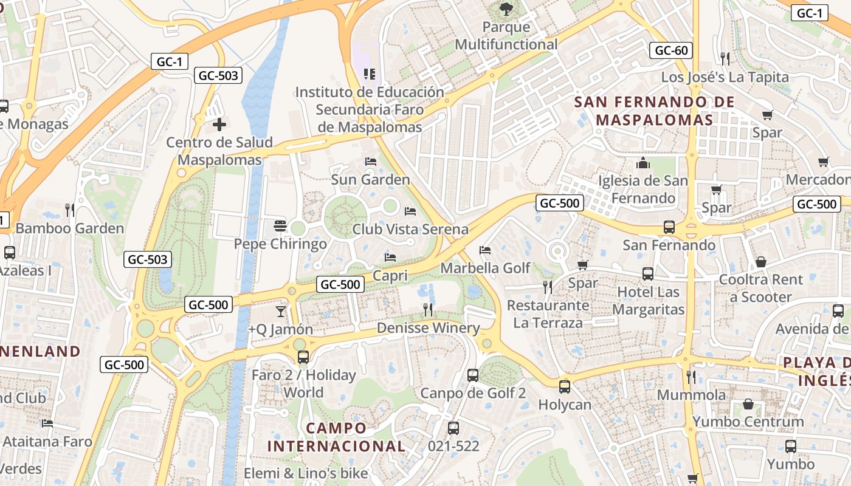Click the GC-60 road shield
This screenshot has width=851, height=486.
[672, 50]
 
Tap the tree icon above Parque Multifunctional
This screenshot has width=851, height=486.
[506, 9]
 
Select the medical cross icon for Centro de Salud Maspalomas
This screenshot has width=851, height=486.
[219, 125]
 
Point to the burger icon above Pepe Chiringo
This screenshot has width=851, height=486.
[280, 226]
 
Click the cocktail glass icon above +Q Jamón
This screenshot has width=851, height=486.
[280, 312]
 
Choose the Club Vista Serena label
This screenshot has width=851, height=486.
[410, 229]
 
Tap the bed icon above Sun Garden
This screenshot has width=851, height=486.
[370, 162]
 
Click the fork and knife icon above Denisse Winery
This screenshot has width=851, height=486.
[428, 310]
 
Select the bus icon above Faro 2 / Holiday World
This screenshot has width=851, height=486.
[303, 357]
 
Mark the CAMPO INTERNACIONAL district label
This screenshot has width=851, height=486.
[336, 437]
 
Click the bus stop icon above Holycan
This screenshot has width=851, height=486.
[565, 386]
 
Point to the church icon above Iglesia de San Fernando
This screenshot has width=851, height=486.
[643, 163]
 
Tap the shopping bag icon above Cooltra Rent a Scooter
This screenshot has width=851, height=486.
[760, 262]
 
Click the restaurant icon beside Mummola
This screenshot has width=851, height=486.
[691, 377]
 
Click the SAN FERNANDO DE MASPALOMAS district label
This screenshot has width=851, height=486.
[654, 111]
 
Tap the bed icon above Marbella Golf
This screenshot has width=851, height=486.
[484, 250]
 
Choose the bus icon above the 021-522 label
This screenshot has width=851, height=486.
[453, 428]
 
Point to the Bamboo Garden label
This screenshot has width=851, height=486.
[69, 228]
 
